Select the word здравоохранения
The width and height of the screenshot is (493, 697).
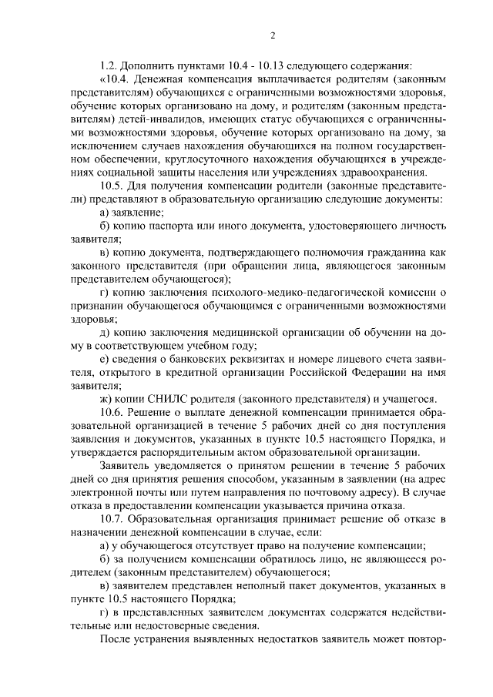(382, 173)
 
